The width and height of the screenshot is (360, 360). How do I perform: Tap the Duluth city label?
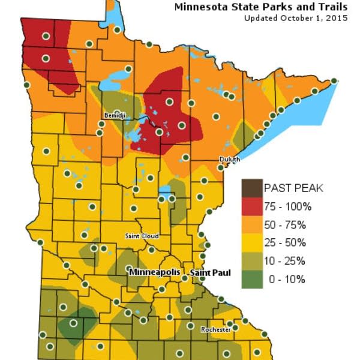point(230,159)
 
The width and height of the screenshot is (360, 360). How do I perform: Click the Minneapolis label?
point(154,272)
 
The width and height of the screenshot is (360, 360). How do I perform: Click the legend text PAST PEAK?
point(294,188)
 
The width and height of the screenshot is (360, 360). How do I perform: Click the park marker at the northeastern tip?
point(334,80)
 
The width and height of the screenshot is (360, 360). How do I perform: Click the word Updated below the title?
point(257,18)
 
